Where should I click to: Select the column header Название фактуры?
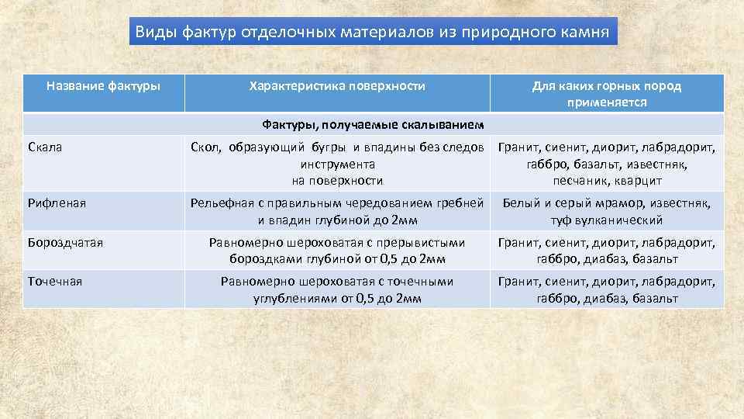tap(103, 85)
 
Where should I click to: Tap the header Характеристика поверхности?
tap(337, 85)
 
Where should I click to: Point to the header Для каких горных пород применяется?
tap(607, 93)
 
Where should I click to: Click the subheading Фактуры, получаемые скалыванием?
tap(373, 124)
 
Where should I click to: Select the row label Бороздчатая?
tap(65, 243)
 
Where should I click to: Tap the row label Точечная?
tap(54, 282)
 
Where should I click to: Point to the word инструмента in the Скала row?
tap(337, 164)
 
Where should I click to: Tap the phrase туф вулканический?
tap(607, 220)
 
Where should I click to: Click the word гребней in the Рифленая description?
tap(467, 203)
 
